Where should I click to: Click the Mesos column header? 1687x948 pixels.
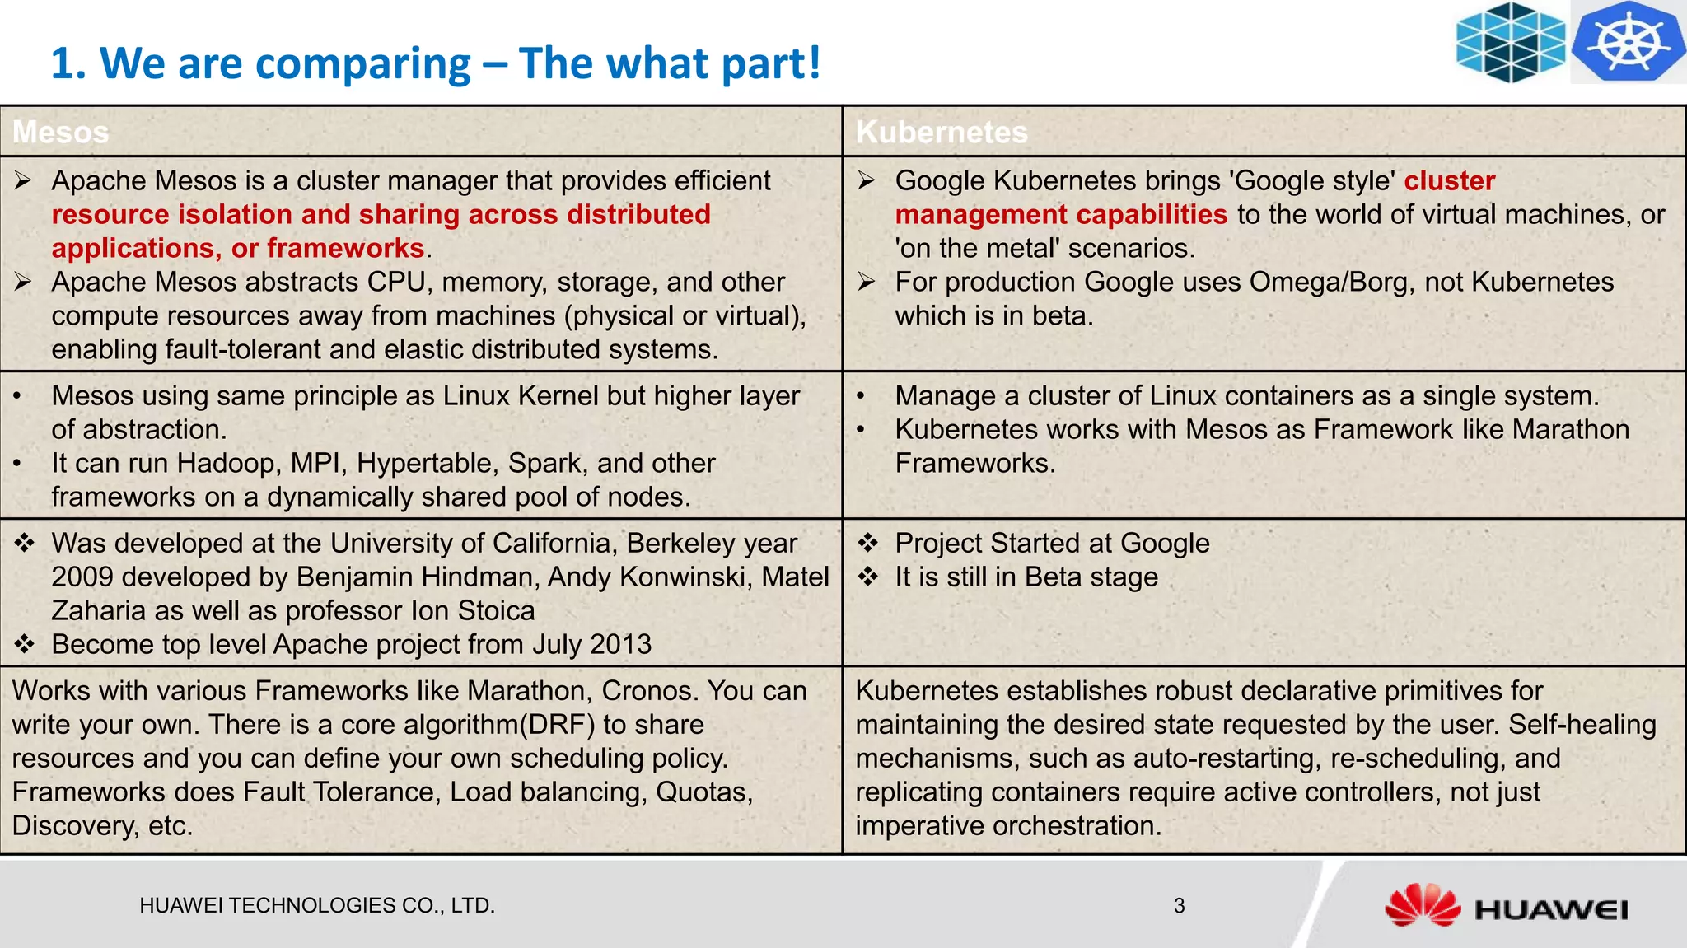[61, 133]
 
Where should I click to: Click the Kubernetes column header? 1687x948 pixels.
[942, 133]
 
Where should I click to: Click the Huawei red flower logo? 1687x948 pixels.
[1422, 905]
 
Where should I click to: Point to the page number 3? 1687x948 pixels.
[1179, 906]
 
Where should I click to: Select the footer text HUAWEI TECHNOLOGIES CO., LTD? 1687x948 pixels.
[317, 906]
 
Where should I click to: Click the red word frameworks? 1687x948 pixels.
[345, 249]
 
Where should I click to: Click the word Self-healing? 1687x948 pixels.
[1582, 725]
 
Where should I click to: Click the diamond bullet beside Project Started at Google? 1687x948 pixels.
[868, 544]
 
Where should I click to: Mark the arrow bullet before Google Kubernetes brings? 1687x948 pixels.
[866, 181]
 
